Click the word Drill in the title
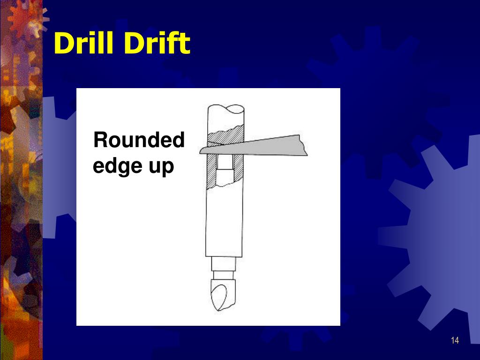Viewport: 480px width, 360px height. [x=85, y=44]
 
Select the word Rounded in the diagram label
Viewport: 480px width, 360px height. [x=139, y=140]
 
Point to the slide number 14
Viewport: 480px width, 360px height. [x=455, y=340]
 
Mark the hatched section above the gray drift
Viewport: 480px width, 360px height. [x=225, y=136]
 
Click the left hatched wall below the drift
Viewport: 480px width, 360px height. [x=211, y=172]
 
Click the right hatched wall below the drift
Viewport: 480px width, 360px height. [x=239, y=172]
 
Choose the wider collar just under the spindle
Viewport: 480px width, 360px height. [x=223, y=263]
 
